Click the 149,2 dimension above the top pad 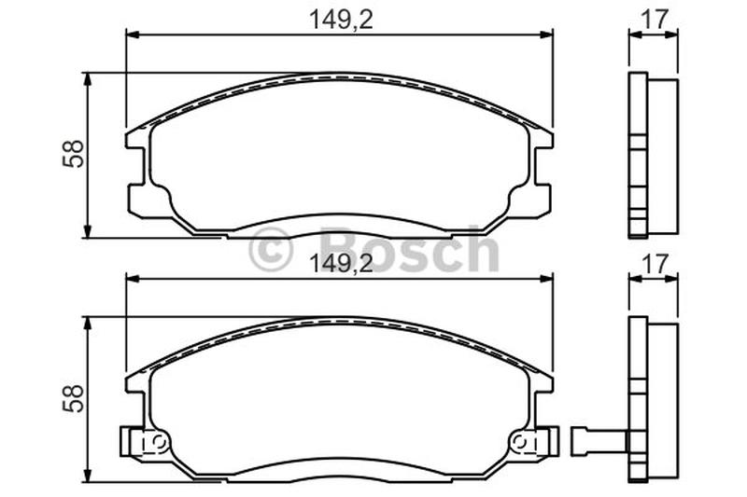click(341, 20)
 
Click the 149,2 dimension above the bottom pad click(341, 264)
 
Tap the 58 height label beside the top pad click(73, 154)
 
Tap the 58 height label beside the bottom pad click(73, 398)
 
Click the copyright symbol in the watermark click(270, 249)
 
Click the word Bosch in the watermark click(410, 249)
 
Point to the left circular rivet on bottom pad click(159, 442)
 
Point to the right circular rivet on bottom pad click(519, 442)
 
